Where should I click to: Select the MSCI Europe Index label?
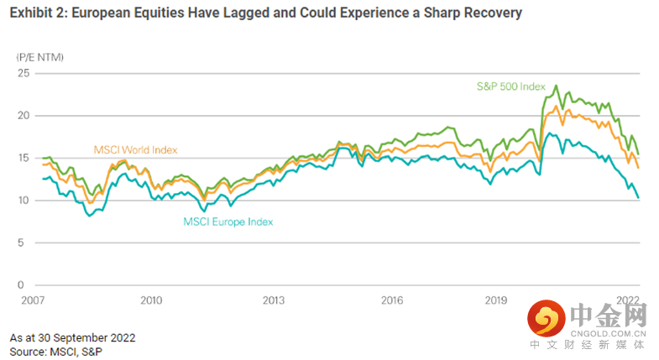coord(228,222)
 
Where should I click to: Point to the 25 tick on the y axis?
coord(23,73)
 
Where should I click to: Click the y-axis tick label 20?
coord(23,116)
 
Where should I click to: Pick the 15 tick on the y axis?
coord(23,159)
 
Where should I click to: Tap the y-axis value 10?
coord(23,201)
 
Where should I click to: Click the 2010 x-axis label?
coord(151,300)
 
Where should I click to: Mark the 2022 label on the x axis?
coord(628,300)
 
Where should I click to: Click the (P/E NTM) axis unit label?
coord(39,56)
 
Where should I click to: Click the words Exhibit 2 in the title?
coord(39,13)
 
